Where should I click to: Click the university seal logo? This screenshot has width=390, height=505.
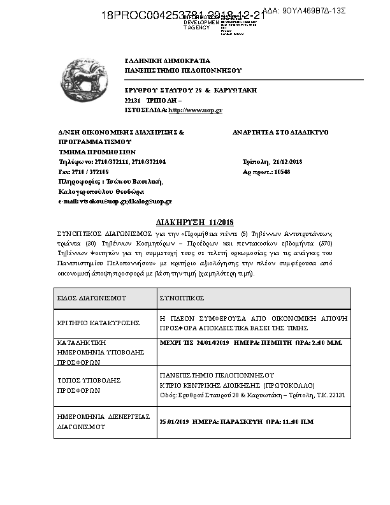(85, 80)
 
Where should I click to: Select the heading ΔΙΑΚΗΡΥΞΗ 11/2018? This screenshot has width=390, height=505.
(195, 223)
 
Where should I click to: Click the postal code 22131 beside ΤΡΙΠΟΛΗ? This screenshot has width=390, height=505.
(133, 101)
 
